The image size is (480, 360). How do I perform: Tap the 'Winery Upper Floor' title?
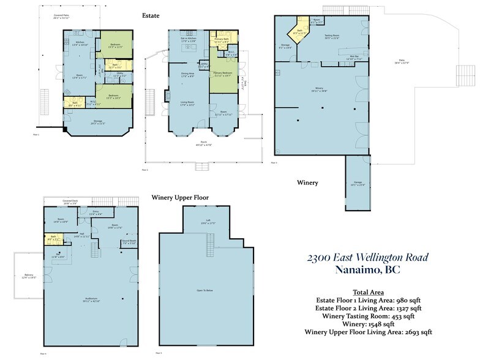[180, 198]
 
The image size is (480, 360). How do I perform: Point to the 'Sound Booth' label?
[128, 242]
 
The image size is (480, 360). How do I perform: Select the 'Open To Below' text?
[204, 290]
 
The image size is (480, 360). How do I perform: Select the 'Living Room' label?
[187, 103]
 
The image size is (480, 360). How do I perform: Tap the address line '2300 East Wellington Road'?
[368, 258]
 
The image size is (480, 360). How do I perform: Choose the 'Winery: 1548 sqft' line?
[369, 324]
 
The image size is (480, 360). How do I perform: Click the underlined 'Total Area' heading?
[369, 292]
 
